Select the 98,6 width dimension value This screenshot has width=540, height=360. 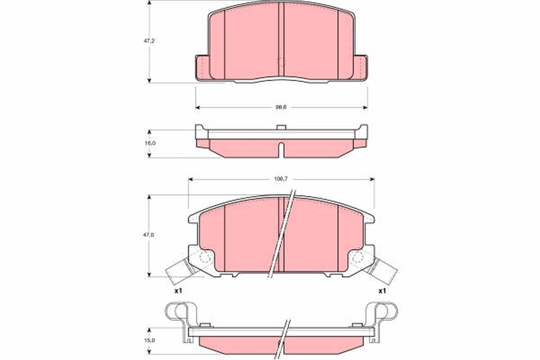[281, 107]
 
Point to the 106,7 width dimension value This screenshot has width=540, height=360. [281, 179]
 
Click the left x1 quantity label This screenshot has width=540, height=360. [178, 291]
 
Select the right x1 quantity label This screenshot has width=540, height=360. [382, 291]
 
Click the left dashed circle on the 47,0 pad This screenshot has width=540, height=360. [205, 258]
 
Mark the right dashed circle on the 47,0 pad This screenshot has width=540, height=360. [358, 258]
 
